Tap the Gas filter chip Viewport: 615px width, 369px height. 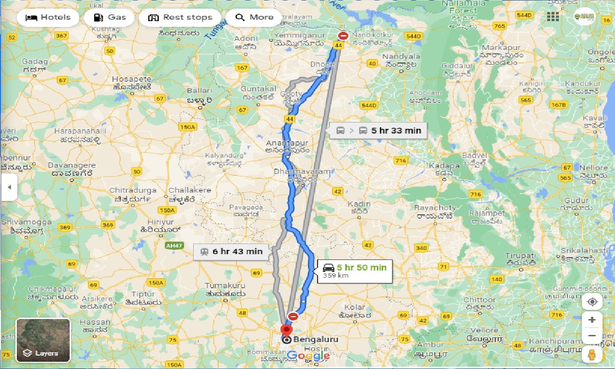pos(110,18)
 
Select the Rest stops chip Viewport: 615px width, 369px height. pos(180,18)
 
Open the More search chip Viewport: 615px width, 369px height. pos(254,18)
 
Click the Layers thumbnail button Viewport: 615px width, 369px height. pos(43,340)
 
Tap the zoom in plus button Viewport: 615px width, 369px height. pos(592,320)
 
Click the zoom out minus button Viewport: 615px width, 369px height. pos(592,336)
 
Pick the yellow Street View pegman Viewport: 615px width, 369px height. pos(592,355)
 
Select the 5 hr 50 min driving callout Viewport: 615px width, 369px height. pos(355,271)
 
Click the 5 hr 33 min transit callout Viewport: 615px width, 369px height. pos(378,130)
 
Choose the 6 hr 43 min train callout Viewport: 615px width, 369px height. pos(231,251)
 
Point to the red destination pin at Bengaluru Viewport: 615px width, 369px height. pos(286,330)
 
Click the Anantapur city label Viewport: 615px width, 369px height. pos(287,143)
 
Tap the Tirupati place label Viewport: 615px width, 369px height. pos(520,256)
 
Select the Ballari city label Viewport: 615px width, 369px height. pos(199,90)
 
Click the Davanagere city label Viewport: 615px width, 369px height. pos(72,165)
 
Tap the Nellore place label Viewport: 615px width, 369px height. pos(593,168)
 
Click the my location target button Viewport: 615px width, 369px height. pos(592,302)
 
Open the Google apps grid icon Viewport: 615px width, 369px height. pos(553,17)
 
